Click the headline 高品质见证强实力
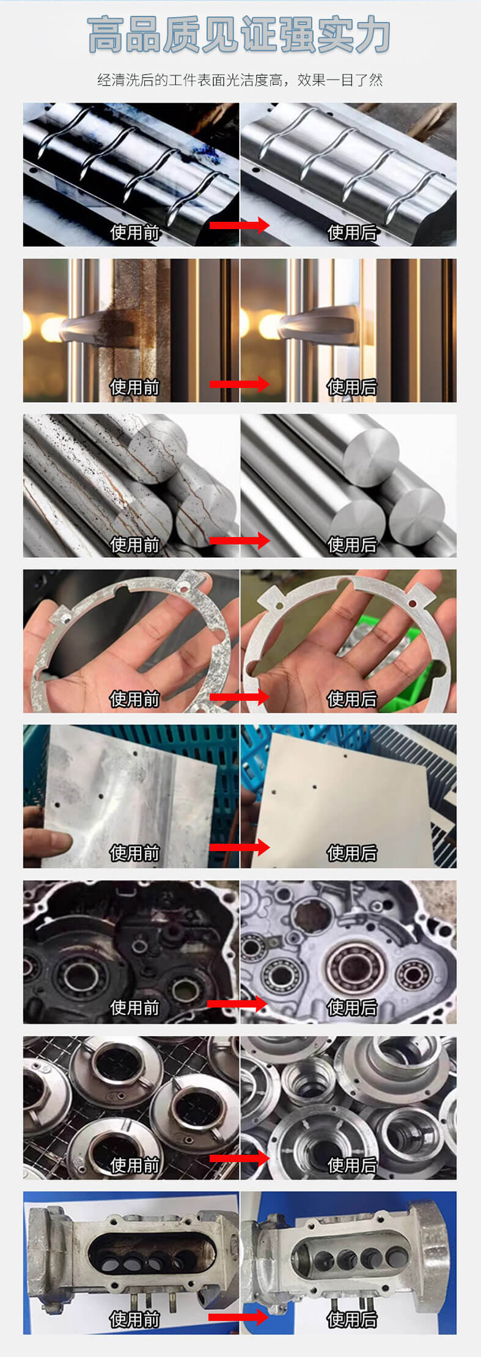click(x=239, y=35)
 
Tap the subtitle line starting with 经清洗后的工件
click(x=240, y=80)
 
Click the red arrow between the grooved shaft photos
click(x=240, y=225)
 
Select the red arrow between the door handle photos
click(x=240, y=384)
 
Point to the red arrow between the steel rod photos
click(x=240, y=540)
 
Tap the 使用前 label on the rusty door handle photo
click(x=134, y=387)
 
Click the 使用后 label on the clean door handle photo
click(x=352, y=387)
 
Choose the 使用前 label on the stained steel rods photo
click(x=134, y=544)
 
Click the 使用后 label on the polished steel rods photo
click(x=352, y=544)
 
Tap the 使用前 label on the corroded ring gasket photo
click(x=134, y=699)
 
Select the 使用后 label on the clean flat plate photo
click(x=352, y=853)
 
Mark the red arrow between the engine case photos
click(x=238, y=1003)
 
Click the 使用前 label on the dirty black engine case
click(x=134, y=1008)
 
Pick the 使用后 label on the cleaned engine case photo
click(x=352, y=1008)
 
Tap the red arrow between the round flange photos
click(x=240, y=1158)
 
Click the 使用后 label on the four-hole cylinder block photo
click(x=352, y=1319)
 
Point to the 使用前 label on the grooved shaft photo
click(x=134, y=232)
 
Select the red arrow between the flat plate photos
click(x=240, y=847)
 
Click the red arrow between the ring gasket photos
click(x=240, y=697)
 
